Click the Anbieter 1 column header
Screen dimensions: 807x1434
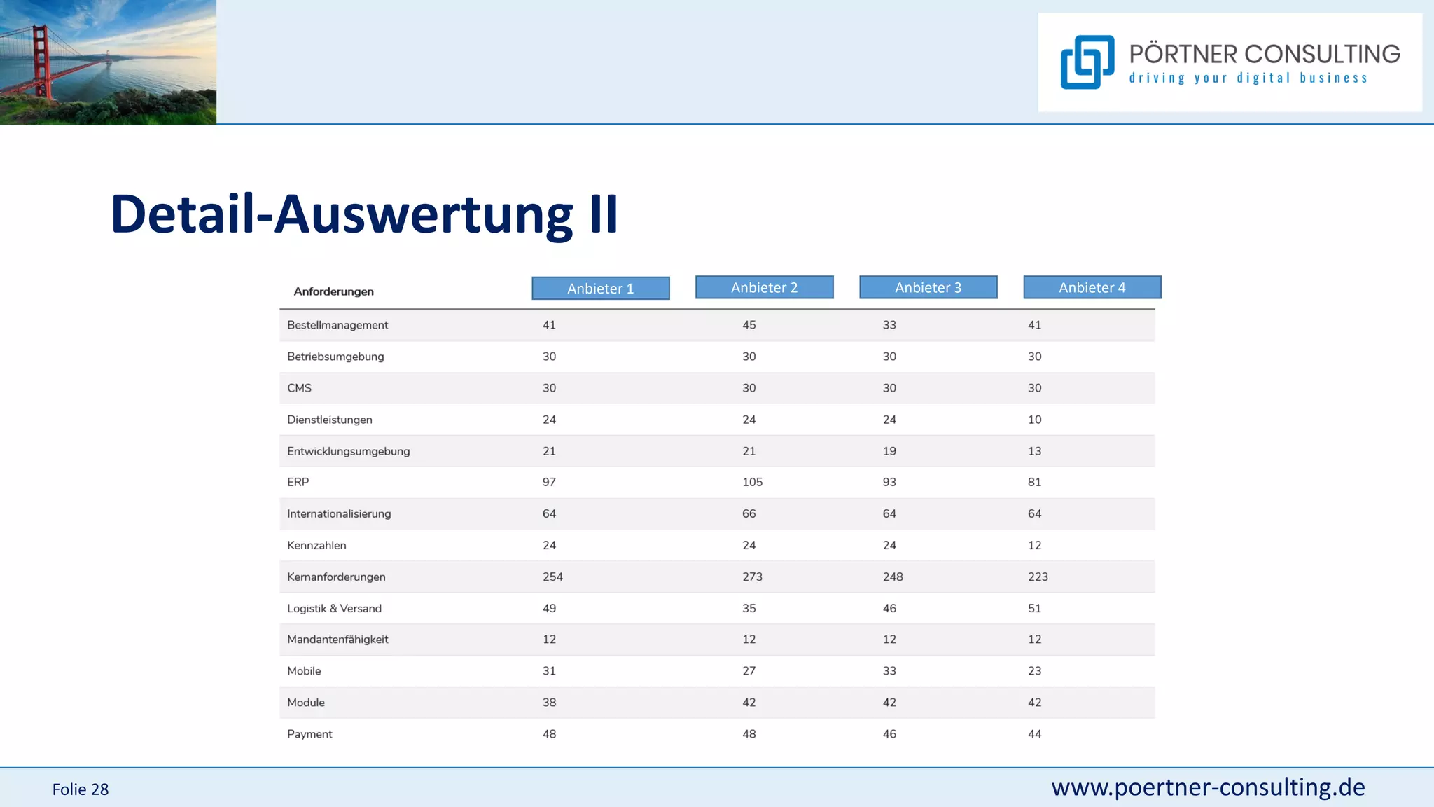pos(600,288)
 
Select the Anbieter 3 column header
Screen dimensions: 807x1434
pos(928,287)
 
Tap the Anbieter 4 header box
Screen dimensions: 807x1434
pos(1092,287)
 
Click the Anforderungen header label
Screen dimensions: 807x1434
pos(333,291)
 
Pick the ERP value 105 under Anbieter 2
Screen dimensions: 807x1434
pos(752,482)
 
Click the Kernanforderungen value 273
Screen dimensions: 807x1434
pos(752,577)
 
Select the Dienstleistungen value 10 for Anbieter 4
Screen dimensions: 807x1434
pos(1034,420)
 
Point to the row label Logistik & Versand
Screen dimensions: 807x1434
pos(334,608)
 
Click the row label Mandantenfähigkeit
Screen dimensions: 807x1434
pos(337,640)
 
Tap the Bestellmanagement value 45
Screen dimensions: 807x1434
pos(749,325)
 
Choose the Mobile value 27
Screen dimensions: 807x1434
pos(749,671)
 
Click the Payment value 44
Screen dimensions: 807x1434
pos(1034,734)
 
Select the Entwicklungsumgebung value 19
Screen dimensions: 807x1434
pos(889,451)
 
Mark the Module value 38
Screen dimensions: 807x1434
pos(549,703)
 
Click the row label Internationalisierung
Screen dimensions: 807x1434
pos(339,513)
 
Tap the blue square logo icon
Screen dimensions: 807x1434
pos(1087,62)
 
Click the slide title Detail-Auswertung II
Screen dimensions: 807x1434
pos(364,214)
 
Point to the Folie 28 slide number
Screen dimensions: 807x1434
pos(81,789)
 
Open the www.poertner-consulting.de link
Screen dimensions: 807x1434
pos(1208,787)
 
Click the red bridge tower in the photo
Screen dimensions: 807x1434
pos(41,60)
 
